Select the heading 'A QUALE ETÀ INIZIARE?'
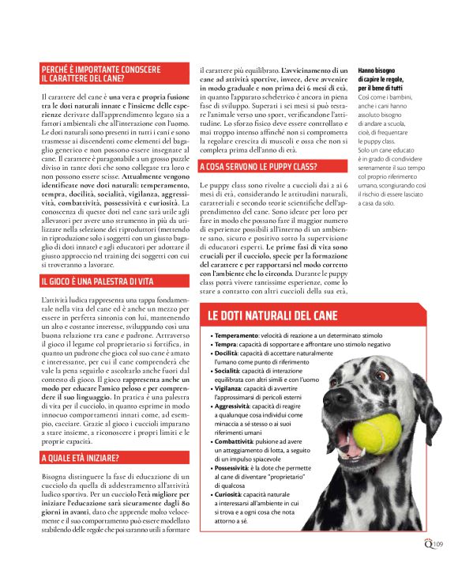[x=80, y=458]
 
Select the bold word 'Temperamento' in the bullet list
[x=236, y=336]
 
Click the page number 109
[x=439, y=542]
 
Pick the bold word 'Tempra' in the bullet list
[x=225, y=345]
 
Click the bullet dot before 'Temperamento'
[x=212, y=337]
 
